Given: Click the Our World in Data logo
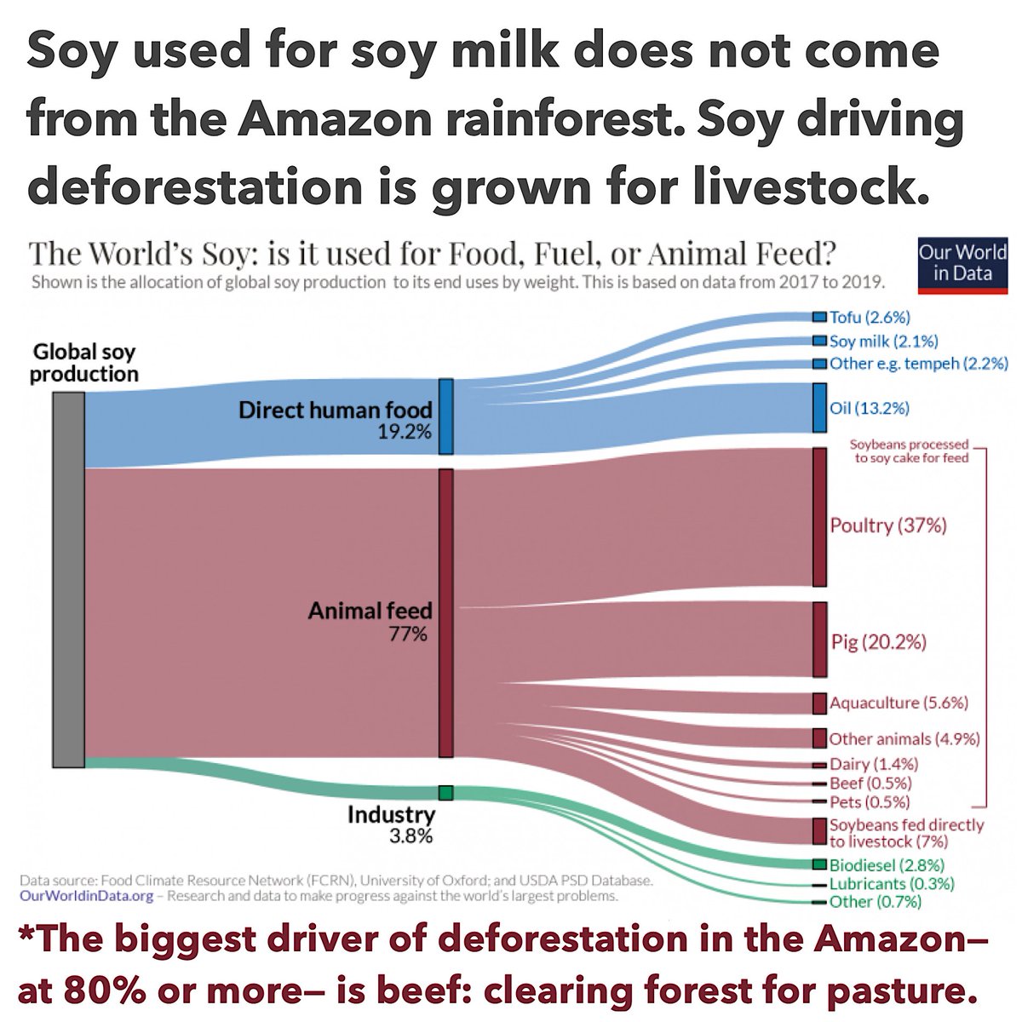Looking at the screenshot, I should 962,263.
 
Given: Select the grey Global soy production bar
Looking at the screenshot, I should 68,579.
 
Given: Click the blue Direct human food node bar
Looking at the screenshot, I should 445,416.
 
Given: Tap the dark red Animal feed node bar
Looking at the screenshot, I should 445,612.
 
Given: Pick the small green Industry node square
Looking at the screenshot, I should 445,793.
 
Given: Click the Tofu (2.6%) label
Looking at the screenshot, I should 870,318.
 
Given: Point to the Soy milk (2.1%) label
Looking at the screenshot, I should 883,342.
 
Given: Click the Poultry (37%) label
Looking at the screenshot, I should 888,525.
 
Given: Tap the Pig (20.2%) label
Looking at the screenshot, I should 878,642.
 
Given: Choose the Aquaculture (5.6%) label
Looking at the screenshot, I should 899,703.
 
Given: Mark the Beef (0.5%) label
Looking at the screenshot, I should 870,784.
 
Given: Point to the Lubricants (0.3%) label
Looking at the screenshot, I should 892,884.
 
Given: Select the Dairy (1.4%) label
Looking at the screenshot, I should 873,765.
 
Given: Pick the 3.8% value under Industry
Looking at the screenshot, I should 411,836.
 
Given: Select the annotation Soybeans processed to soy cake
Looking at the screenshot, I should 909,451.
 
